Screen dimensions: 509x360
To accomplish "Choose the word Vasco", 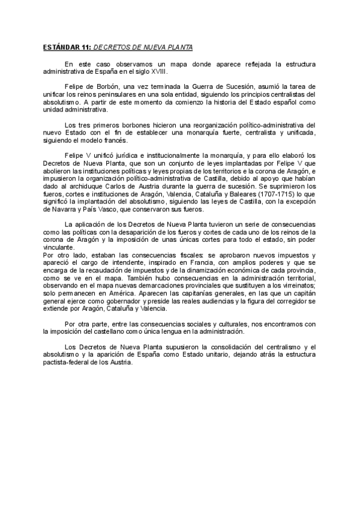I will click(x=102, y=209).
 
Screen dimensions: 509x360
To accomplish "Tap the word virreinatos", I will click(x=296, y=286).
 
